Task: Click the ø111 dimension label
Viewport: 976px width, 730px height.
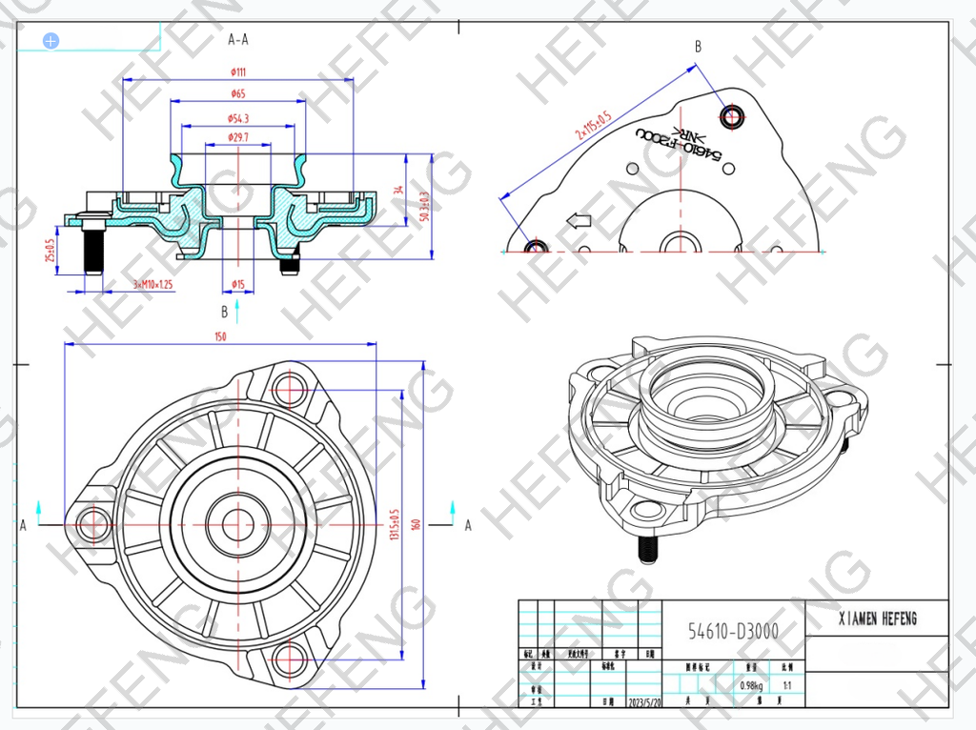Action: click(x=238, y=71)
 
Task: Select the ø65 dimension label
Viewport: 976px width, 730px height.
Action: click(x=238, y=93)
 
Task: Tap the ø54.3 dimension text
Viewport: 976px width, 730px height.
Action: click(x=238, y=118)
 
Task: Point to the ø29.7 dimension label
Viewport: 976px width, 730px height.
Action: click(x=238, y=138)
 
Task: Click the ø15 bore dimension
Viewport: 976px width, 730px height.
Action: click(x=238, y=284)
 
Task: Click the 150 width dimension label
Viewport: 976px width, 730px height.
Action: click(x=220, y=336)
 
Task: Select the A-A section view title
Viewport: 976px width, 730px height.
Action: click(x=238, y=40)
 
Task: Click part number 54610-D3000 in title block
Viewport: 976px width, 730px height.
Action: click(x=733, y=631)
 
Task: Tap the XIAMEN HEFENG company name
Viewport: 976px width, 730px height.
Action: click(x=877, y=618)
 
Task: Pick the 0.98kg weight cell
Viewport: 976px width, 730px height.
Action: click(x=750, y=685)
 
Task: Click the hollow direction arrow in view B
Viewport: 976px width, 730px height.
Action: click(x=579, y=221)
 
